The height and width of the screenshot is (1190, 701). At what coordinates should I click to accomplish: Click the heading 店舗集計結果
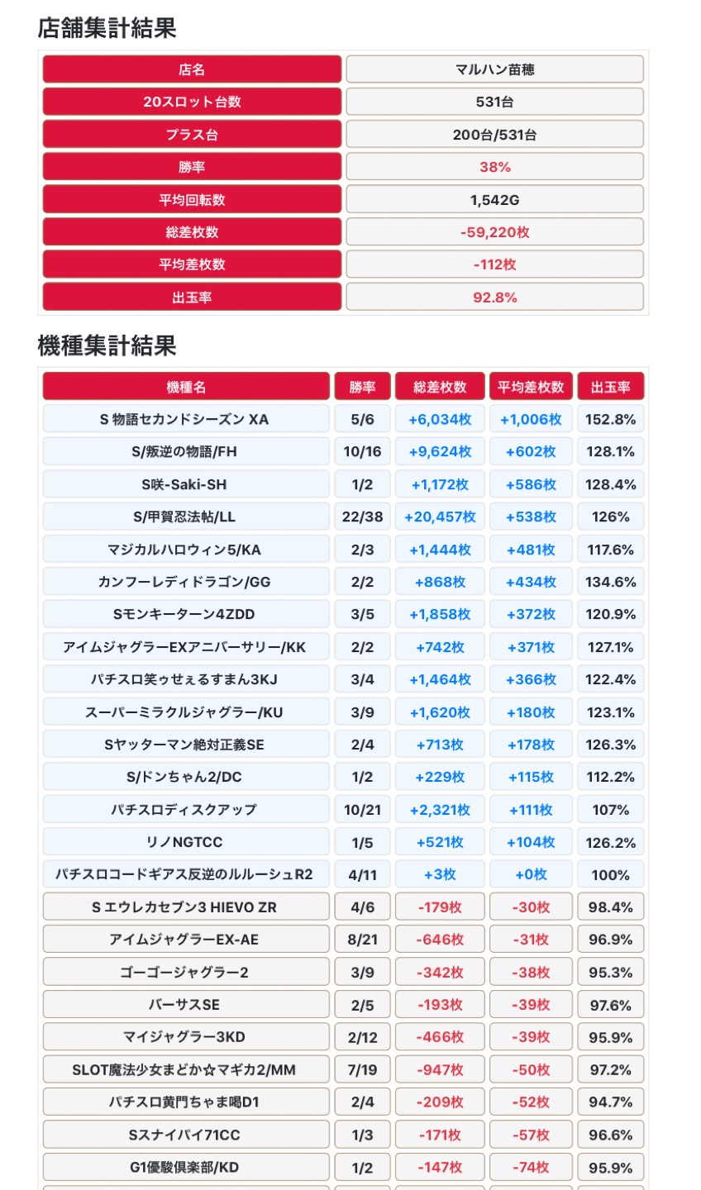tap(107, 28)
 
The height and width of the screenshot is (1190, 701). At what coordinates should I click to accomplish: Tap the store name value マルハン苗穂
tap(494, 69)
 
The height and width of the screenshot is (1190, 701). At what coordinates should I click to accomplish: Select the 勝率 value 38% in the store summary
tap(494, 167)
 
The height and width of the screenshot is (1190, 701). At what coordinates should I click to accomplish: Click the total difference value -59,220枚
tap(494, 232)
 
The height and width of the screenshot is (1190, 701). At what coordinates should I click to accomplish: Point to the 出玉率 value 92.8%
tap(494, 297)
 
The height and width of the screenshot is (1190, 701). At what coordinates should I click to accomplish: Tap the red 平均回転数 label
tap(192, 200)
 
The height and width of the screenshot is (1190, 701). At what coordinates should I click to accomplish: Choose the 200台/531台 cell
tap(494, 135)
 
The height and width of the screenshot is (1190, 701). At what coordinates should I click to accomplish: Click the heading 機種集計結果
tap(107, 345)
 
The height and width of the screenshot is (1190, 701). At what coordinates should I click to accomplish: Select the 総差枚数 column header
tap(440, 387)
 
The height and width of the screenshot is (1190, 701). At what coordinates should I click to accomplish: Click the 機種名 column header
tap(186, 387)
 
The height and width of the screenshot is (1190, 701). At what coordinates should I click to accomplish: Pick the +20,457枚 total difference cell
tap(440, 516)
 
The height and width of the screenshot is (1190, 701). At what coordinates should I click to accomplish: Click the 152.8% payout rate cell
tap(610, 419)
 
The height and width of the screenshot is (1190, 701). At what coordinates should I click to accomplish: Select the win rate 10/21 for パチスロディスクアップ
tap(362, 810)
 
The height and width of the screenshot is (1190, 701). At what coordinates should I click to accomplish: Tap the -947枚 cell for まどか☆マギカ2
tap(440, 1069)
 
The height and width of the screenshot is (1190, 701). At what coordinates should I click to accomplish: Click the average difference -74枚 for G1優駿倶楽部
tap(531, 1167)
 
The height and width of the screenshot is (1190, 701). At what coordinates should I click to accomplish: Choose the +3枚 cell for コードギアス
tap(440, 874)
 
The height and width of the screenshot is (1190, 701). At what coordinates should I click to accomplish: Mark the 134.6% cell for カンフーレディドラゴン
tap(610, 582)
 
